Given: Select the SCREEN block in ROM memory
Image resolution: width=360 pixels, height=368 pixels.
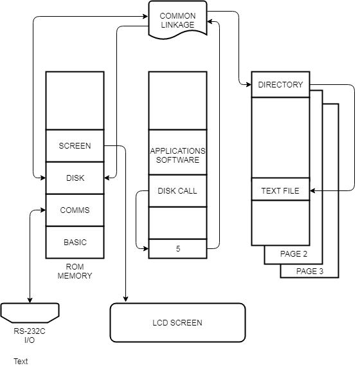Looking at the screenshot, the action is pos(75,146).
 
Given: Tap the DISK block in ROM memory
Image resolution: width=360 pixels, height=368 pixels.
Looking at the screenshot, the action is pos(75,178).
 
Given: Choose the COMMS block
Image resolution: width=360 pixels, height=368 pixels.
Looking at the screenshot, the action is pos(75,210).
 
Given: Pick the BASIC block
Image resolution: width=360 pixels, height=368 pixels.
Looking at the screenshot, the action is pos(75,242).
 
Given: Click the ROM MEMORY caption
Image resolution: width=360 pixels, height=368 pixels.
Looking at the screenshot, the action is pos(75,271).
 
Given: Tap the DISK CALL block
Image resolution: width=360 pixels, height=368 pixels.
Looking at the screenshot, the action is pos(178,191).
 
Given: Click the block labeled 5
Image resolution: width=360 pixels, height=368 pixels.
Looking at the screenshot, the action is pos(178,249).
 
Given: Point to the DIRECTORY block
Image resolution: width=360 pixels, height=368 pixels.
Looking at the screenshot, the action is pos(280,84).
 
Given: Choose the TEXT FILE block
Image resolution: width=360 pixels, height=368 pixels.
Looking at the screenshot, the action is pos(280,191).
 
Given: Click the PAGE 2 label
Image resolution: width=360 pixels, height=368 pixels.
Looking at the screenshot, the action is pos(294,254).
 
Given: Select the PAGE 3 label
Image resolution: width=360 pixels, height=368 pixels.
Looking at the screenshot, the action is pos(310,271).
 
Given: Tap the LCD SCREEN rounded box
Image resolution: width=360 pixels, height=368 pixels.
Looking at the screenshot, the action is pos(178,323).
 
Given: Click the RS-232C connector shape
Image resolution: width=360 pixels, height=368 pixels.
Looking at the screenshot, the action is pos(30,313).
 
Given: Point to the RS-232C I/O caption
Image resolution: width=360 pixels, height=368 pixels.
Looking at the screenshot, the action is pos(30,336).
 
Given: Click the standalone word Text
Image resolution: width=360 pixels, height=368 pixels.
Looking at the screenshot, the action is pos(21,362).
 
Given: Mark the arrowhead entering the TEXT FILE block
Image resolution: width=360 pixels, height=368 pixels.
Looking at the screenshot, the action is pos(312,191).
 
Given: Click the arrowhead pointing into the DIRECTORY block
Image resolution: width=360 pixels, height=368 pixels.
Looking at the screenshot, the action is pos(249,84).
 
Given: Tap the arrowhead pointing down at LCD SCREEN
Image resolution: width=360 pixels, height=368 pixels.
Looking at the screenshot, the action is pos(126,299).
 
